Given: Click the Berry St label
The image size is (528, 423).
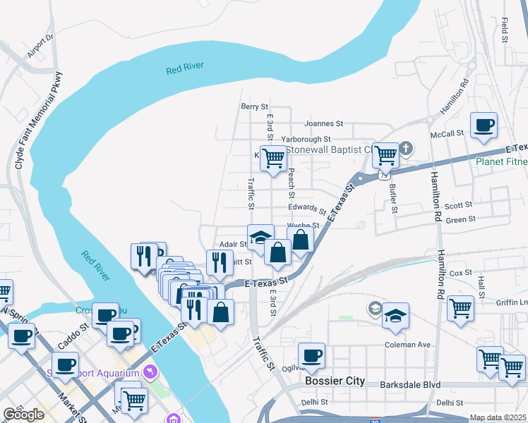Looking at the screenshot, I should (x=255, y=106).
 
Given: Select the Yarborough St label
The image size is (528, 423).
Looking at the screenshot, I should (x=306, y=140).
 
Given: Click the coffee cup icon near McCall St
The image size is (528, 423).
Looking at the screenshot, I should (x=484, y=126).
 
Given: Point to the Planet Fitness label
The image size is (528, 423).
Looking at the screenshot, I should (x=500, y=161).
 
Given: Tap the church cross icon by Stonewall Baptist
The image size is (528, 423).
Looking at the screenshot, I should (x=406, y=149).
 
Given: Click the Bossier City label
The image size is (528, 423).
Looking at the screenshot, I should (x=335, y=381).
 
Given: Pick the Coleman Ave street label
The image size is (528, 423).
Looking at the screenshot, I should (x=407, y=345).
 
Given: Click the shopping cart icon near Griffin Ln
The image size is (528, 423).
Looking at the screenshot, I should (x=460, y=308).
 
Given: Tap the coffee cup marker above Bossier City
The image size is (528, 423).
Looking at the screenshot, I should (x=311, y=356).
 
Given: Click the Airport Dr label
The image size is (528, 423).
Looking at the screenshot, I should (x=40, y=47).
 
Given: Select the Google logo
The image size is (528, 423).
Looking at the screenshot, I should (x=23, y=415).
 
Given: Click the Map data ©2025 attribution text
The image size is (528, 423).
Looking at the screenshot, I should (x=498, y=417).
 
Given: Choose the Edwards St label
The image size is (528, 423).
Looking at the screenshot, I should (x=307, y=209).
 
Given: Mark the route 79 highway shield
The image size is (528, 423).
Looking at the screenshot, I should (x=383, y=173).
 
